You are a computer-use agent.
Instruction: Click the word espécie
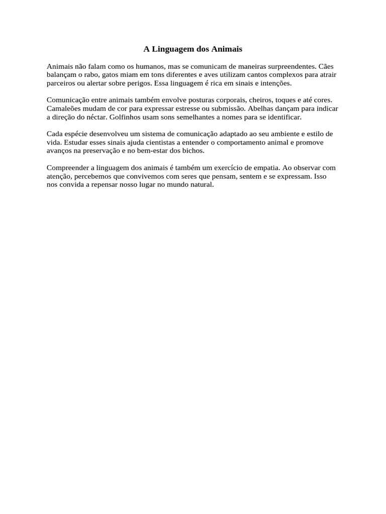click(x=76, y=134)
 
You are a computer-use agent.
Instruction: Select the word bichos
click(x=194, y=151)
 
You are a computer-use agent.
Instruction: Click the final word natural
click(x=203, y=184)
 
